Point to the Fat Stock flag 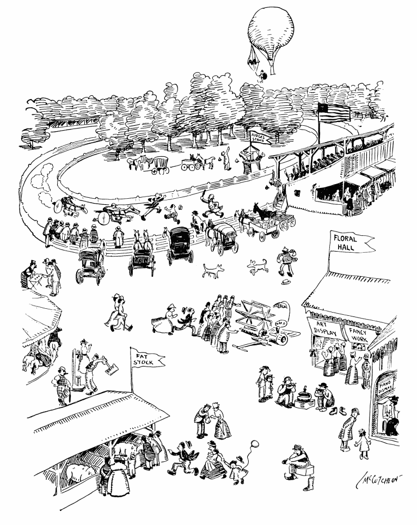145,359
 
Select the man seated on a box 297,462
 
